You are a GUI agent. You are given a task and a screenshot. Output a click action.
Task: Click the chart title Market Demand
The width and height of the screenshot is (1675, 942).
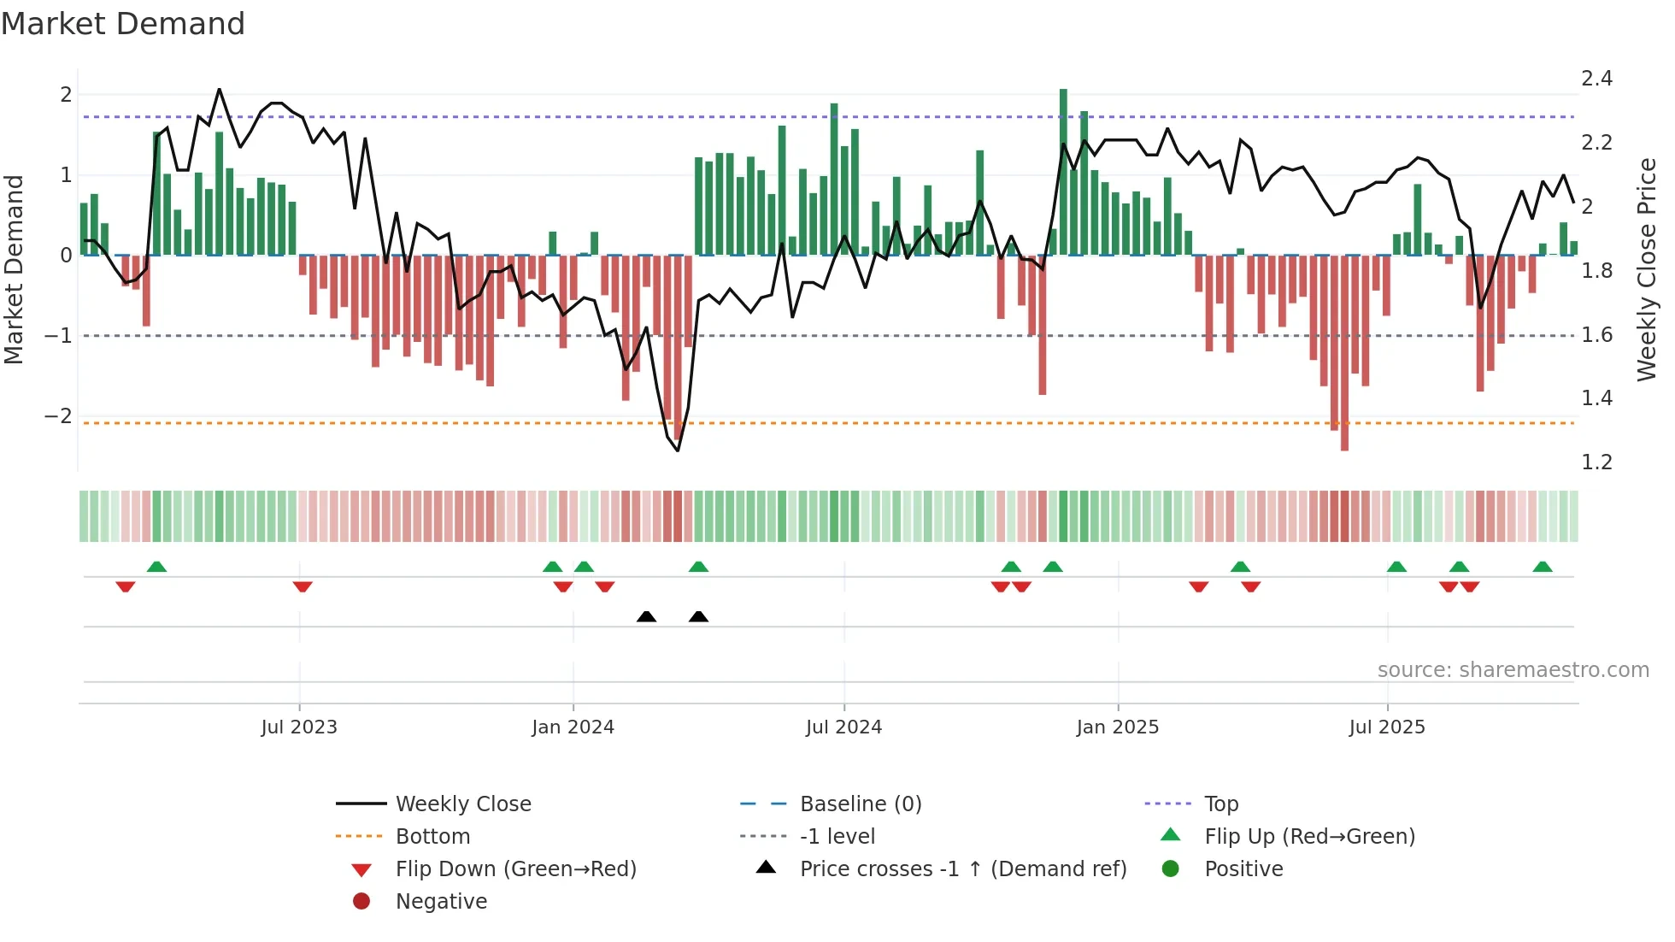(123, 24)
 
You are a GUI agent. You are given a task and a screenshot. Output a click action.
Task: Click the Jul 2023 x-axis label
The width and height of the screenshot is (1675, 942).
(299, 727)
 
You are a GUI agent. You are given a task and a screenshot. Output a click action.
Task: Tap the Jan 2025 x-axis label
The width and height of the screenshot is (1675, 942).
(1117, 727)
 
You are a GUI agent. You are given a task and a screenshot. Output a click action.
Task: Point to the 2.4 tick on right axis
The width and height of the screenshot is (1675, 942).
(1596, 79)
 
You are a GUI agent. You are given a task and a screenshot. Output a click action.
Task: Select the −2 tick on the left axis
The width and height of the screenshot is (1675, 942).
(59, 416)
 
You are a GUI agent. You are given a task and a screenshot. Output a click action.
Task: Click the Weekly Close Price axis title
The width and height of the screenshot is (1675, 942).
(1646, 269)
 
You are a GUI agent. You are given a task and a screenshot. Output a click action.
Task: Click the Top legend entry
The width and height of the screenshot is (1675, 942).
(1221, 804)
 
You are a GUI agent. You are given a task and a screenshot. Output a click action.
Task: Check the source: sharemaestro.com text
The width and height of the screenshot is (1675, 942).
(1513, 670)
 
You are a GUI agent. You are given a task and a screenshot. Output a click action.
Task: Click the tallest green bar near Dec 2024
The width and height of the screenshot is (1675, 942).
(1063, 171)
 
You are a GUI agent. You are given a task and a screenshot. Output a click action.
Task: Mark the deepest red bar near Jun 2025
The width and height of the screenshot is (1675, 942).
(1344, 352)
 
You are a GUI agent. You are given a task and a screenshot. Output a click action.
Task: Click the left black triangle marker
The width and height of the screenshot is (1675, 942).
(647, 616)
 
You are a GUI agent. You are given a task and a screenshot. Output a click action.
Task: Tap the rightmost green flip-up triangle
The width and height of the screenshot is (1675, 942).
(1543, 567)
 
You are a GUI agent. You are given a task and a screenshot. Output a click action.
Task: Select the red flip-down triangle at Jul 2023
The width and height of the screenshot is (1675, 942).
(303, 586)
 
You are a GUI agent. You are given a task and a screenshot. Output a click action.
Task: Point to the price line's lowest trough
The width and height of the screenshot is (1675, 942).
(679, 450)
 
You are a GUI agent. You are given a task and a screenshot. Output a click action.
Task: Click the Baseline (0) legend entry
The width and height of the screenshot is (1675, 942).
(860, 804)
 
